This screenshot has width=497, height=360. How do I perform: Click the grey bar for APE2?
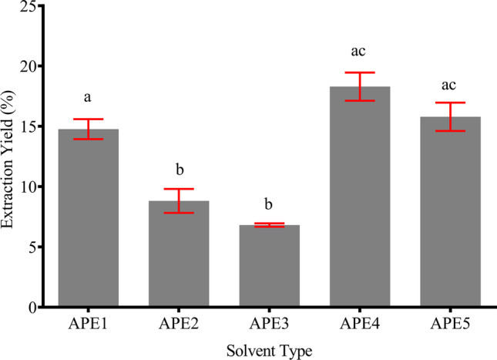[178, 254]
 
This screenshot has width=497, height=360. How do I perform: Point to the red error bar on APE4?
[360, 86]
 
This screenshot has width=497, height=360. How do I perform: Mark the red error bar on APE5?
[450, 116]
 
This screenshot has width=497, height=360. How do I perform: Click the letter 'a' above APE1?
[88, 99]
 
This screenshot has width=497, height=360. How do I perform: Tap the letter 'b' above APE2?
[178, 169]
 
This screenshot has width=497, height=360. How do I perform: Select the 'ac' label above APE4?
[360, 52]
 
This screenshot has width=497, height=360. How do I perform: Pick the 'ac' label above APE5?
[450, 82]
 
